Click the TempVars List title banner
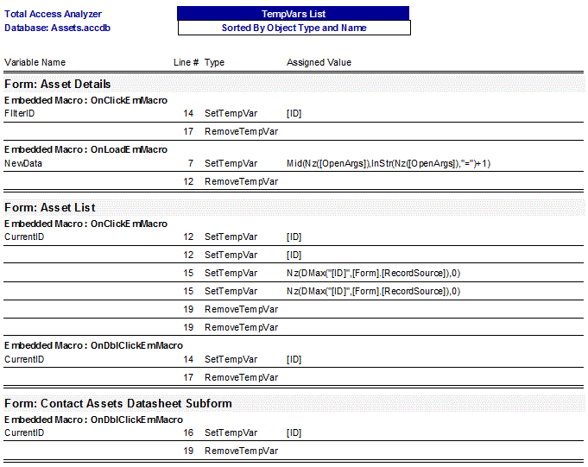294,14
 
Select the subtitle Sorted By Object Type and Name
294,28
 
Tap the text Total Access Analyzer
53,14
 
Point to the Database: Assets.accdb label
57,28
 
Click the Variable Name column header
35,62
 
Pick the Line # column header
186,62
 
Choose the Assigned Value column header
319,62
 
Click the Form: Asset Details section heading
58,85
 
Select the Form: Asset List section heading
50,208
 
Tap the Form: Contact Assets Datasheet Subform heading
118,403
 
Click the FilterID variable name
20,113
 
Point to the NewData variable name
23,163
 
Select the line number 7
190,163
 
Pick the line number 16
188,432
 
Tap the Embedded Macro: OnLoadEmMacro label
86,149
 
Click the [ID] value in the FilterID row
294,113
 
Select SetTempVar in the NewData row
231,163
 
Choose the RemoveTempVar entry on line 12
241,181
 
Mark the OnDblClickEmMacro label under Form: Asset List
93,345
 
